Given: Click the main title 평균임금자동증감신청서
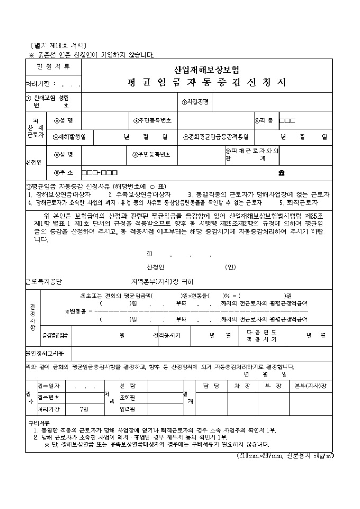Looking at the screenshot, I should click(206, 83).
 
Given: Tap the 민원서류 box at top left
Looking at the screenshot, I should click(53, 67).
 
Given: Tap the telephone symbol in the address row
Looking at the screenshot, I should click(282, 172).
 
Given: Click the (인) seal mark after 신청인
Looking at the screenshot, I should click(229, 266).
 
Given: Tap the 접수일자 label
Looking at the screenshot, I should click(50, 386).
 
